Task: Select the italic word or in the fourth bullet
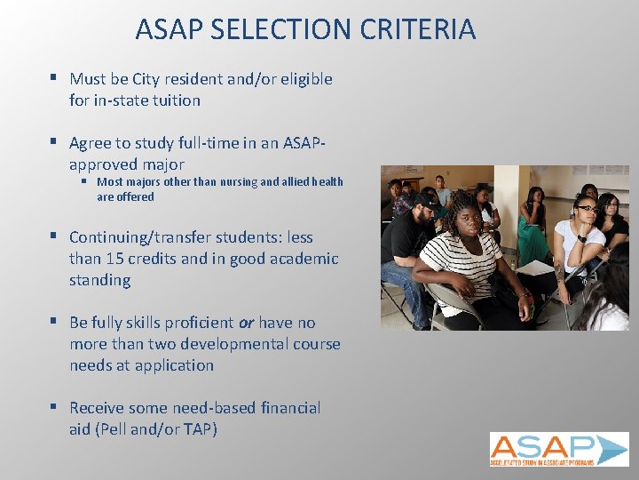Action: point(246,323)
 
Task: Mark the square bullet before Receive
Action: point(53,407)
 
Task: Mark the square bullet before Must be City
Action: point(53,78)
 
